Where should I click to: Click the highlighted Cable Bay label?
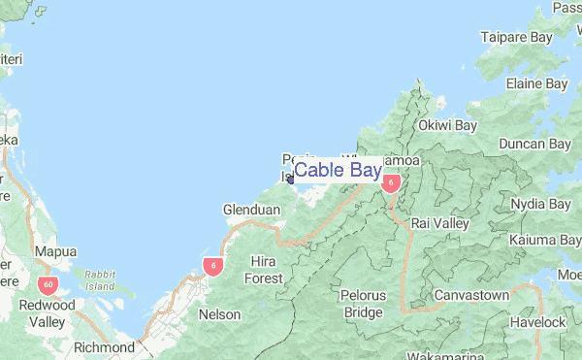click(x=338, y=171)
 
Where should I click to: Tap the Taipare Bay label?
click(x=516, y=38)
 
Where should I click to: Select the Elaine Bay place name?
click(x=536, y=84)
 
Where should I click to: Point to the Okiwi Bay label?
click(x=447, y=125)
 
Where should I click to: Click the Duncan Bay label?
click(x=533, y=145)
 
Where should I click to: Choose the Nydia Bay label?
click(x=540, y=205)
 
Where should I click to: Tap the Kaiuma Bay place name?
click(x=544, y=240)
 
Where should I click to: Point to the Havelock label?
click(x=540, y=321)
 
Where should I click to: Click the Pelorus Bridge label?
click(x=363, y=303)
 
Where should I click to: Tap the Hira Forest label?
click(x=263, y=270)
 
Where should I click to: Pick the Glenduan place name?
click(x=251, y=210)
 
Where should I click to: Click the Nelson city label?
click(x=218, y=314)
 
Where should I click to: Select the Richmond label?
click(x=104, y=346)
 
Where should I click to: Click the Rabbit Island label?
click(x=99, y=280)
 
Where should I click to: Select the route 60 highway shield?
click(x=48, y=285)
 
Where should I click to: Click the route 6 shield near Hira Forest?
click(x=211, y=265)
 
